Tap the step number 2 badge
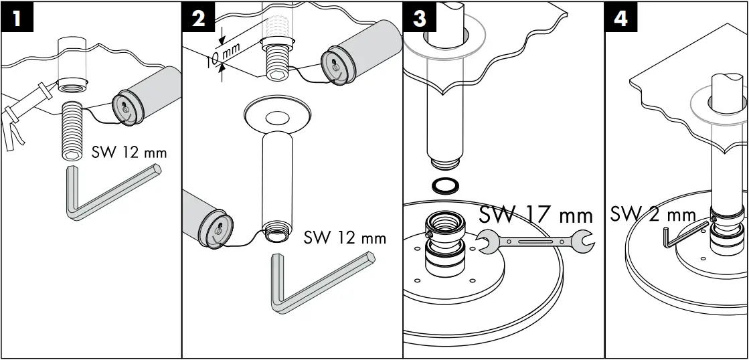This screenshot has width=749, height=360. tap(199, 18)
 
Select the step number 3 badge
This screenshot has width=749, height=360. tap(420, 18)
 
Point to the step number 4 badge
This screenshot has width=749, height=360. tap(621, 18)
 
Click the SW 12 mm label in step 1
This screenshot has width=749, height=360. tap(129, 153)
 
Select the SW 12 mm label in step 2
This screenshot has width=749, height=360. tap(345, 238)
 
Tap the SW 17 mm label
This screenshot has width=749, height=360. tap(535, 215)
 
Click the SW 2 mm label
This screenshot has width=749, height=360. tap(653, 215)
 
